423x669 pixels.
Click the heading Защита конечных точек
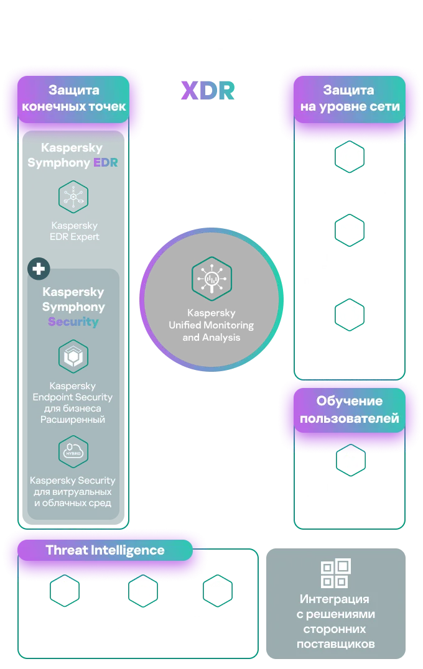tap(74, 98)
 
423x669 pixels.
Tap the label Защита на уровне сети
tap(350, 98)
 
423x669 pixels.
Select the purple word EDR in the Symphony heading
tap(105, 164)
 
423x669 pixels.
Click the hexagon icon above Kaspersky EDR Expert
tap(73, 196)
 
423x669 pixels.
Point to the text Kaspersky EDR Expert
tap(73, 231)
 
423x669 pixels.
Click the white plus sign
tap(39, 269)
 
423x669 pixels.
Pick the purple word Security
tap(73, 322)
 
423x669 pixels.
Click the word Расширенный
tap(73, 420)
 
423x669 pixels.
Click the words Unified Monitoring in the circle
tap(211, 326)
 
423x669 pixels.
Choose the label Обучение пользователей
tap(349, 410)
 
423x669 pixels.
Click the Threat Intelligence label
tap(105, 550)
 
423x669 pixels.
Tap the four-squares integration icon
tap(335, 574)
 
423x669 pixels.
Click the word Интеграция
tap(335, 600)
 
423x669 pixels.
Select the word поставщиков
tap(335, 645)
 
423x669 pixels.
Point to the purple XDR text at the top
tap(209, 91)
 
